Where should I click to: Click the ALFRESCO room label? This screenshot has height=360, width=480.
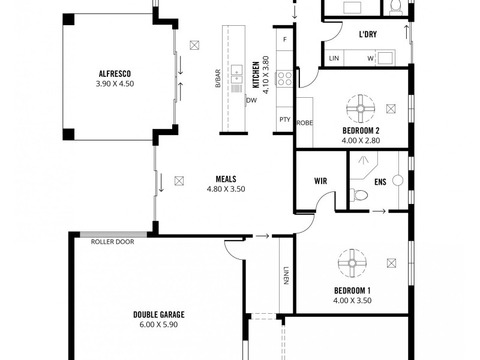point(115,74)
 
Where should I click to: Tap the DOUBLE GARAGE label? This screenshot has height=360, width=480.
point(158,314)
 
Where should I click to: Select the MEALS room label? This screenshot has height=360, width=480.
point(226,179)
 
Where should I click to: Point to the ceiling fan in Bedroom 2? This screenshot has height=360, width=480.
point(361,109)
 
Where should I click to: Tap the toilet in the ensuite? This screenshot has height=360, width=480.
point(359,196)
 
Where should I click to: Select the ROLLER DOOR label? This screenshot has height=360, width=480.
point(112,242)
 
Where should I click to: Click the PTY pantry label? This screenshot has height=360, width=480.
point(284,119)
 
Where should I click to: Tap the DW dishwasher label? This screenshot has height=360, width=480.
point(251,100)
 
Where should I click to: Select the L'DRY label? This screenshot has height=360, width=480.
point(368,35)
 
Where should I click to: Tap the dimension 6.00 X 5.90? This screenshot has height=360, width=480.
point(158,325)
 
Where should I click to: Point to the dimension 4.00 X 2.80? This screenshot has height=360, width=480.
point(361,140)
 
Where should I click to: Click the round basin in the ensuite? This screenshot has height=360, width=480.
point(397,180)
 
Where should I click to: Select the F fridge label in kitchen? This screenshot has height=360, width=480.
point(284,40)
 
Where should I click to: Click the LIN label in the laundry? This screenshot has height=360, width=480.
point(334,58)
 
